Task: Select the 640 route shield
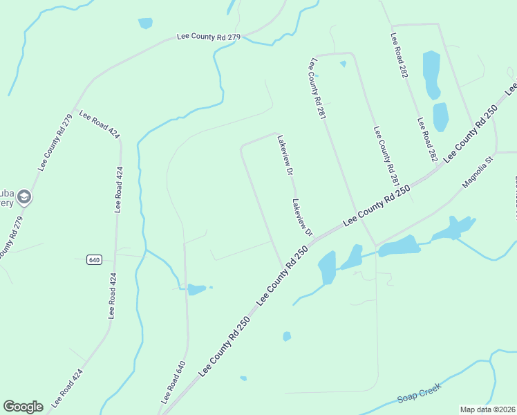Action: pos(95,260)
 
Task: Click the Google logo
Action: pos(23,407)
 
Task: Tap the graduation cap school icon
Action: pos(24,198)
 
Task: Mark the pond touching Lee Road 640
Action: pos(196,289)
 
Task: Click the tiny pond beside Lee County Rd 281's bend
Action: pos(343,64)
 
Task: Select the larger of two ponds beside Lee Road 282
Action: pos(431,75)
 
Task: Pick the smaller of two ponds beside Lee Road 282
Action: pos(440,117)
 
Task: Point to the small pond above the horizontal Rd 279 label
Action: pos(145,24)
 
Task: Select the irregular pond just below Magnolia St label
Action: pos(453,228)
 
